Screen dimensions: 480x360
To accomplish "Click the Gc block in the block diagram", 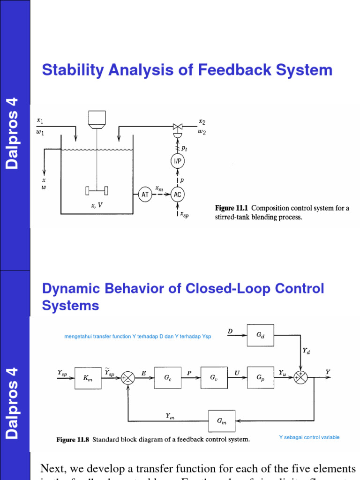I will (167, 378).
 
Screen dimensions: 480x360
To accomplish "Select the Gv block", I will (214, 378).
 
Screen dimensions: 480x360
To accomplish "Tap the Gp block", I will (261, 378).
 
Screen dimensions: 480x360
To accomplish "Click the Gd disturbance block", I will (261, 336).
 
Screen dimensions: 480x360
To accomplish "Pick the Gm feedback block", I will (222, 421).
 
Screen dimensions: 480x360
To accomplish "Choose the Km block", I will (88, 378).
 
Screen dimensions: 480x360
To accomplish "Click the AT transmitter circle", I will (145, 195).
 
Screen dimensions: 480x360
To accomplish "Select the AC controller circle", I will (178, 195).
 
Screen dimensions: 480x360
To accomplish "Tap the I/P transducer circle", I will (178, 161).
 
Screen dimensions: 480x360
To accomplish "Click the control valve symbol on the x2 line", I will (178, 126).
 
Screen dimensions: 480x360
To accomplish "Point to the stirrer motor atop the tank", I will (97, 120).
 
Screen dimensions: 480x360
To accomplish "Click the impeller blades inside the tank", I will (97, 191).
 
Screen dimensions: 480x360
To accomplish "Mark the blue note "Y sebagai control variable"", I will (309, 437).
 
